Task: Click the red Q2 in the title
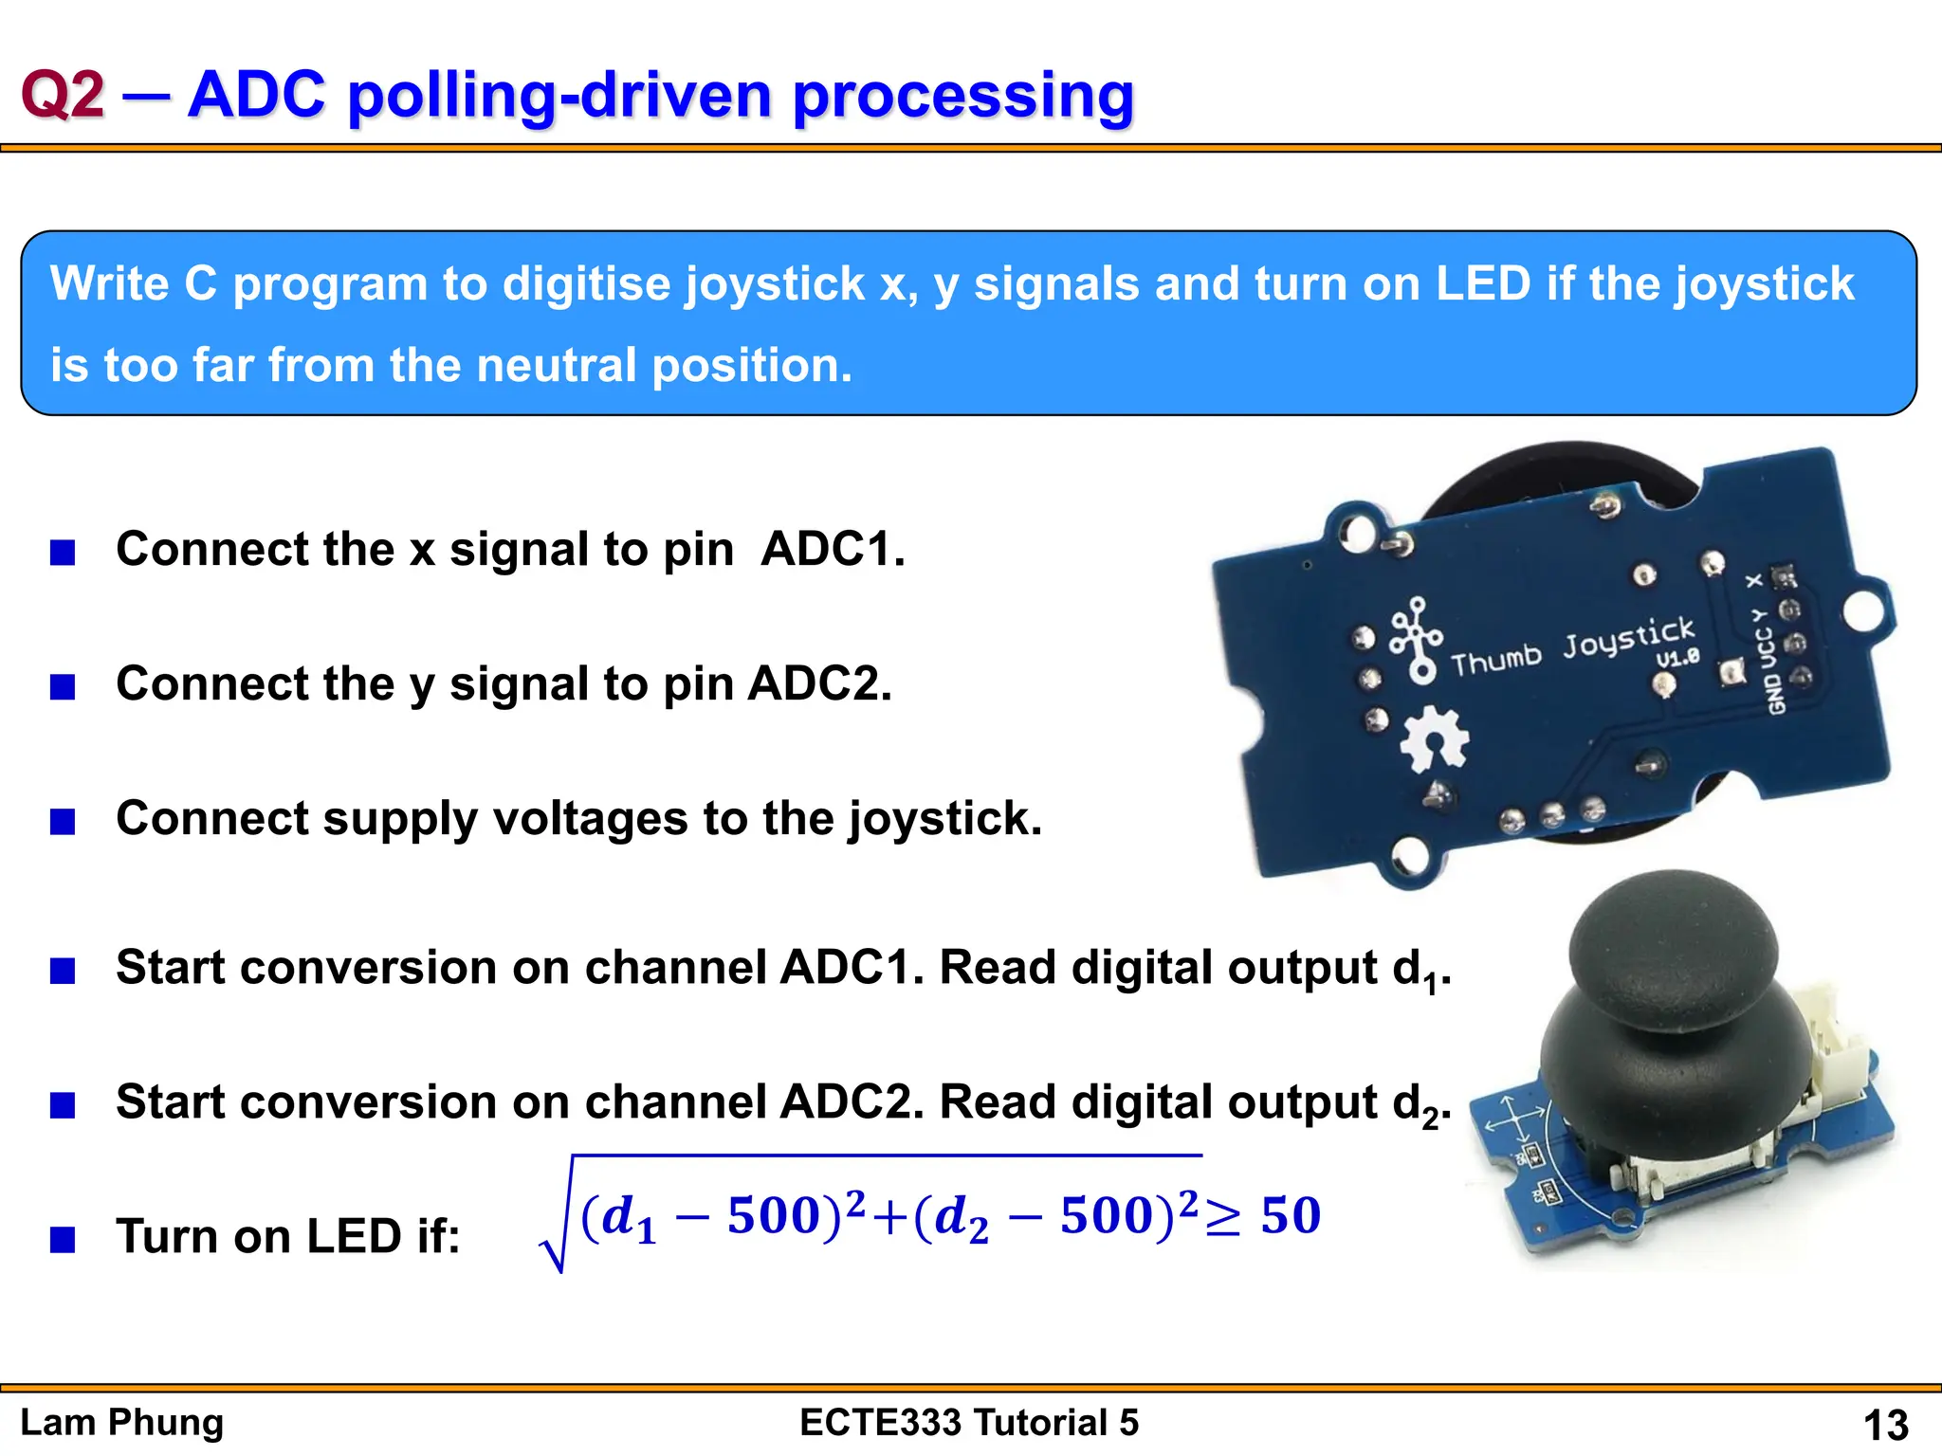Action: tap(63, 96)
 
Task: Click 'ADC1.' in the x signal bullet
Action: tap(833, 549)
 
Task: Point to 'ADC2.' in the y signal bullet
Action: tap(819, 683)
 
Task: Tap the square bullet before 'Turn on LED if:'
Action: tap(63, 1239)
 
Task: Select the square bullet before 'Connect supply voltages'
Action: tap(63, 821)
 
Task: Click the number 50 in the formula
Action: tap(1291, 1215)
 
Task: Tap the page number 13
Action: tap(1885, 1425)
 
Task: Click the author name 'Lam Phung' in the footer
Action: tap(122, 1423)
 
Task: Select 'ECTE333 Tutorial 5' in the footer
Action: tap(969, 1423)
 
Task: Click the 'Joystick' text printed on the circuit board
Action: tap(1628, 636)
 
